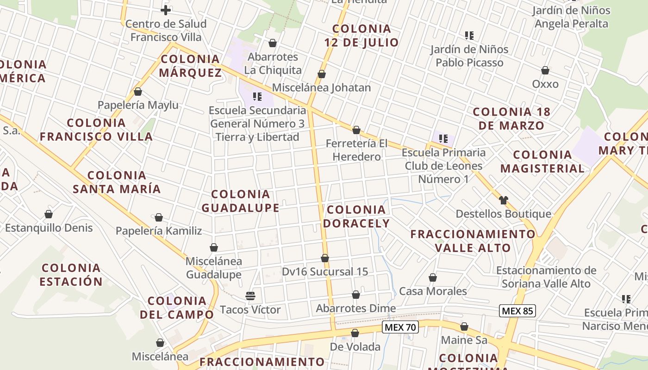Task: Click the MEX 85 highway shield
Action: tap(517, 311)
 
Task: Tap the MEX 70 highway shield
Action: tap(400, 327)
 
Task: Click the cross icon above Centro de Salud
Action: tap(166, 10)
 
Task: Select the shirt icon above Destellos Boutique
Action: tap(504, 200)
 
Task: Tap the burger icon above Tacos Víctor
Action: tap(250, 296)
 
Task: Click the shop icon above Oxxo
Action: tap(545, 71)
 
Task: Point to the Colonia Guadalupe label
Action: tap(240, 201)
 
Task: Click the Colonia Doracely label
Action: tap(356, 216)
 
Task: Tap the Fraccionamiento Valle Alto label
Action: tap(473, 240)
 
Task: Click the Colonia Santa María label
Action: tap(117, 182)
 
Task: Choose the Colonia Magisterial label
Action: tap(542, 161)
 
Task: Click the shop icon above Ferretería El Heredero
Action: tap(356, 130)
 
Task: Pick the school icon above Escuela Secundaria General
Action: tap(257, 97)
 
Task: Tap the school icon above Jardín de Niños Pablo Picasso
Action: tap(469, 36)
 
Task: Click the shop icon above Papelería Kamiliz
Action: tap(159, 217)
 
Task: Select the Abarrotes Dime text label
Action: tap(356, 308)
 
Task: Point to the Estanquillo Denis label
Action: tap(49, 228)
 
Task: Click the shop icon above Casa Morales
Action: tap(433, 277)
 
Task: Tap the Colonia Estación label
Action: tap(71, 274)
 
